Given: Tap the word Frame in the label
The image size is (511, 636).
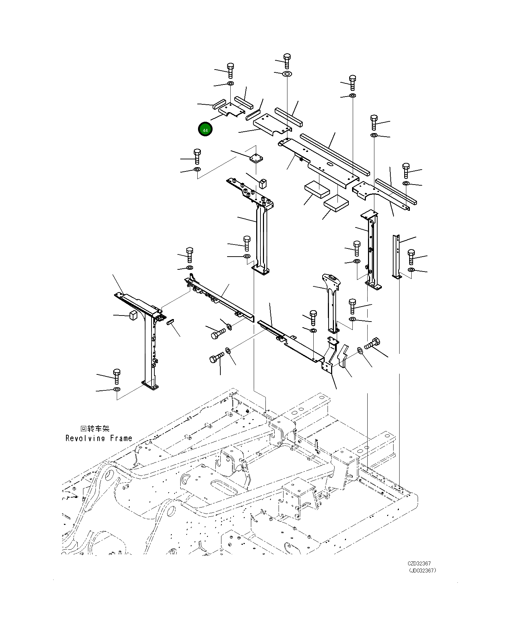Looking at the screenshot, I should coord(121,438).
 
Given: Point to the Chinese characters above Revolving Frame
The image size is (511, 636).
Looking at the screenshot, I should coord(95,429).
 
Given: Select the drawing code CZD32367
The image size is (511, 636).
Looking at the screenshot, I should coord(419,563).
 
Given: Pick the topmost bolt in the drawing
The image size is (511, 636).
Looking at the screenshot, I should coord(287,61).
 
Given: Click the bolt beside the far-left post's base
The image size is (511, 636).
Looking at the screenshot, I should coord(117,376).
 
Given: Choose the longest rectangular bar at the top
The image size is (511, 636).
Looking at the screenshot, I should coord(335,154).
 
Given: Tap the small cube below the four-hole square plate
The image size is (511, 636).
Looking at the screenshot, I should coord(263,183).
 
